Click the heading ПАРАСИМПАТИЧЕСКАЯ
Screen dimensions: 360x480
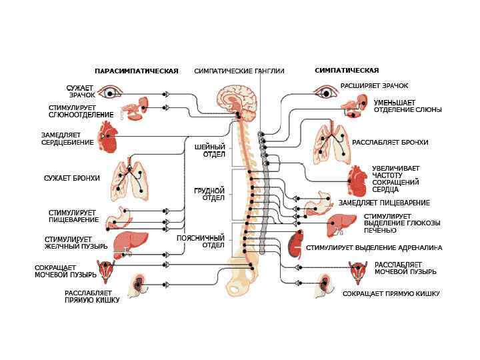[136, 71]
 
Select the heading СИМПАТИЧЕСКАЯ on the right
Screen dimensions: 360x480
[347, 70]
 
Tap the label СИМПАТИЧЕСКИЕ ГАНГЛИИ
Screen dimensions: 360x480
[239, 71]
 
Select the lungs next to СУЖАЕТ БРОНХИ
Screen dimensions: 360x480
[130, 180]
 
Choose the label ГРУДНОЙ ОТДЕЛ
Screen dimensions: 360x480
[209, 194]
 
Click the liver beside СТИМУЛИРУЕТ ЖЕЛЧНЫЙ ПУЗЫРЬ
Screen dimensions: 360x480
[127, 243]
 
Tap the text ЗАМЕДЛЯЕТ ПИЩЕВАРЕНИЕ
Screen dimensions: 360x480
[384, 203]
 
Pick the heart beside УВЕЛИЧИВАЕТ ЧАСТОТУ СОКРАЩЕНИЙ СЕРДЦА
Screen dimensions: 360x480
[357, 180]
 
